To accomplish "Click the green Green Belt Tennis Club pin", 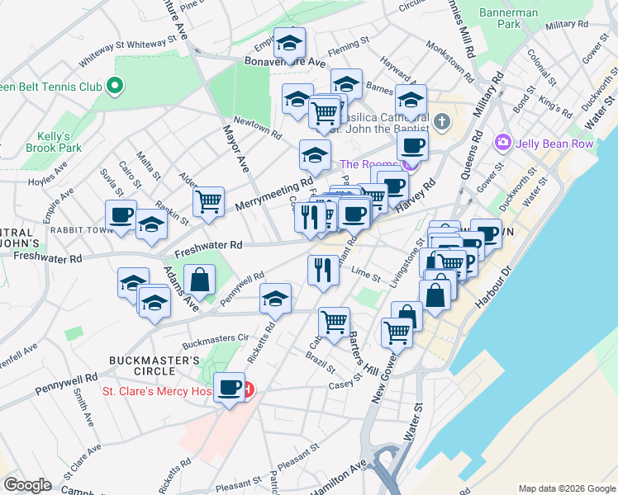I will coord(115,85).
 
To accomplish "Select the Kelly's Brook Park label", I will coord(59,141).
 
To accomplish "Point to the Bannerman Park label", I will coord(510,19).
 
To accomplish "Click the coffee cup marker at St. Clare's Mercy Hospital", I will coord(229,387).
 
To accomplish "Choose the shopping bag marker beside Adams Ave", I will coord(200,279).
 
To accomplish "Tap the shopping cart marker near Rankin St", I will coord(209,200).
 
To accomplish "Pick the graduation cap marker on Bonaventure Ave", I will coord(289,42).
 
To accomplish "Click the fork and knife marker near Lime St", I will coord(322,269).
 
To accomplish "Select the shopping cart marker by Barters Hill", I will coord(334,322).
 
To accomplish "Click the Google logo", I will coord(27,485).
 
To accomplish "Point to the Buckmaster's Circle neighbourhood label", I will coord(154,365).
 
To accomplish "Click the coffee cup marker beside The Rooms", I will coord(411,146).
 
